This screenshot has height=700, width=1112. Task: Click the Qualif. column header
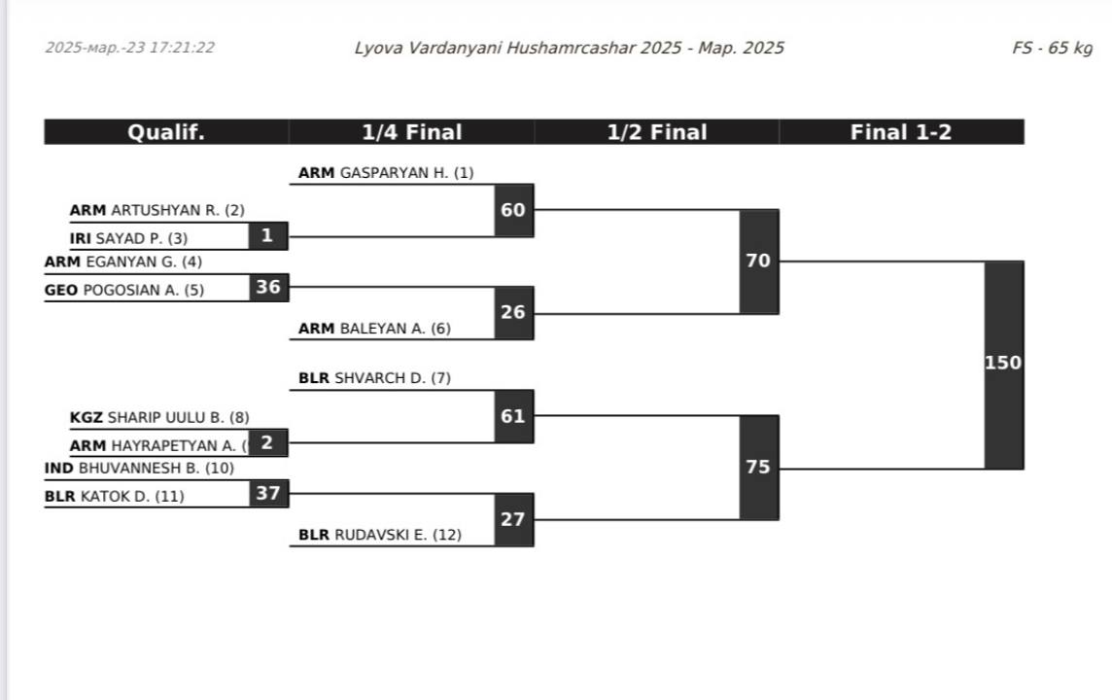pyautogui.click(x=166, y=132)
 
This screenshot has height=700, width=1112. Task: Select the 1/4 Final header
pyautogui.click(x=411, y=132)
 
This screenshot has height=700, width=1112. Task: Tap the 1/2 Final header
pyautogui.click(x=656, y=132)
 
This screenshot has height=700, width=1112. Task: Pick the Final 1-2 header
pyautogui.click(x=901, y=132)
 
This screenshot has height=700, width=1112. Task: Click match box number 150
pyautogui.click(x=1003, y=364)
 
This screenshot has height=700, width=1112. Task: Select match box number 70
pyautogui.click(x=758, y=261)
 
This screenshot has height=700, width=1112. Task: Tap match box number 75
pyautogui.click(x=758, y=467)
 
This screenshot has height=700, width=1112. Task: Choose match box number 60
pyautogui.click(x=513, y=209)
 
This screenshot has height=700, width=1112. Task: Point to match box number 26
pyautogui.click(x=513, y=312)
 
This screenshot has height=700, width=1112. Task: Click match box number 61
pyautogui.click(x=513, y=416)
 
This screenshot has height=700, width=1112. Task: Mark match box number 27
pyautogui.click(x=513, y=519)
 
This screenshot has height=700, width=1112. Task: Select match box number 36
pyautogui.click(x=268, y=287)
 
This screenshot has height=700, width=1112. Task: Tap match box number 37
pyautogui.click(x=268, y=493)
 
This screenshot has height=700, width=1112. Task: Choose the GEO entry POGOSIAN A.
pyautogui.click(x=143, y=290)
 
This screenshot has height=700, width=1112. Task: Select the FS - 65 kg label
pyautogui.click(x=1052, y=48)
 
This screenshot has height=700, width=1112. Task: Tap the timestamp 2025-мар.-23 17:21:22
pyautogui.click(x=130, y=48)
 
